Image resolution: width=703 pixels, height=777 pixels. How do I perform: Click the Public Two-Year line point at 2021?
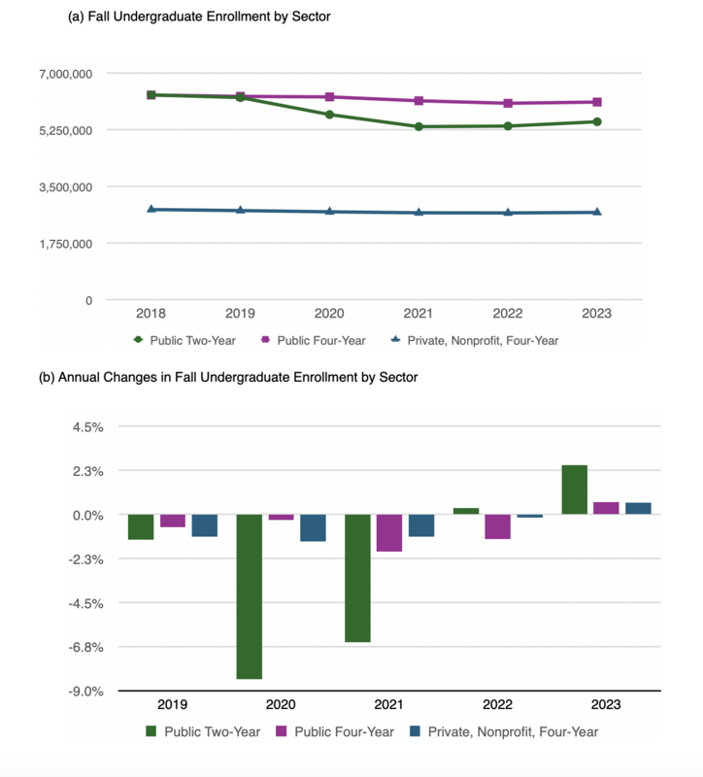(418, 126)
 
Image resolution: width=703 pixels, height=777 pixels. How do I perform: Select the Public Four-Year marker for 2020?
(329, 97)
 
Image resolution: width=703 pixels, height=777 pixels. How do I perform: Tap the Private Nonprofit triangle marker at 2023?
(597, 212)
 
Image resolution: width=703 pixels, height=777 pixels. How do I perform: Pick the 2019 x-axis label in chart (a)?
(240, 314)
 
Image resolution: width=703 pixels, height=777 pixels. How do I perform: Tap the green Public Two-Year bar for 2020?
(250, 596)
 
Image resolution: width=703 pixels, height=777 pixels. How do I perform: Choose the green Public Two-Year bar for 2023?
(575, 490)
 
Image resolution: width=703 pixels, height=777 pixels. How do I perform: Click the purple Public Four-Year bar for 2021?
(389, 532)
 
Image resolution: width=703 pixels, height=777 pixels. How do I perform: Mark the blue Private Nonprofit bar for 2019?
(204, 525)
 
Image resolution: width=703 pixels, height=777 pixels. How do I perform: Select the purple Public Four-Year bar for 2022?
(498, 526)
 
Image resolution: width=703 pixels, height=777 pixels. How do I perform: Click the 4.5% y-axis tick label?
(88, 427)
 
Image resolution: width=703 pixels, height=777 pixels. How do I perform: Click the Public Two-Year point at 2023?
(597, 121)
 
